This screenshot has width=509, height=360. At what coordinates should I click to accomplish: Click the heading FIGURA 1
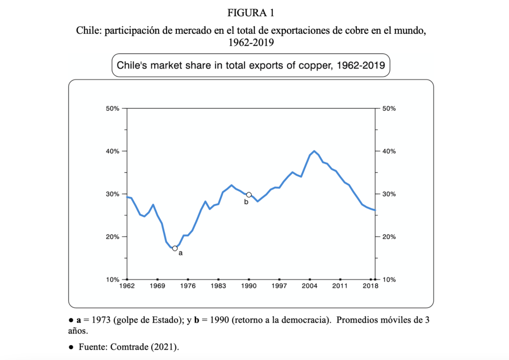pos(254,12)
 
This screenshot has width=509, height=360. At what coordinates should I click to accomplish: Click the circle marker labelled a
pos(175,248)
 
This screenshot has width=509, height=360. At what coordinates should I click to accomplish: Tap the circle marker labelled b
pos(249,195)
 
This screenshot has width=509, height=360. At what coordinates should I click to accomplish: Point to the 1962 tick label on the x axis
pos(127,286)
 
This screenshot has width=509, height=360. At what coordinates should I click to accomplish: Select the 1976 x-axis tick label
pos(188,286)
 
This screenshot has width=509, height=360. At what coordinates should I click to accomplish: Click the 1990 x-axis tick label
pos(249,286)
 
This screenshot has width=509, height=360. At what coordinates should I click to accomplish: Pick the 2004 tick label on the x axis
pos(310,286)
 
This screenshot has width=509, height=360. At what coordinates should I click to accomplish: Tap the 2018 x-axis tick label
pos(370,286)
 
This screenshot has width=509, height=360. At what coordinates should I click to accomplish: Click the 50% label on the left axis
pos(113,108)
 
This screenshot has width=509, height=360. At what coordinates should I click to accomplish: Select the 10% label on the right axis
pos(390,279)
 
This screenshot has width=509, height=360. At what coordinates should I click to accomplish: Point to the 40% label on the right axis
pos(390,151)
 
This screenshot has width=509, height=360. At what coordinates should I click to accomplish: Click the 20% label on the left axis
pos(113,237)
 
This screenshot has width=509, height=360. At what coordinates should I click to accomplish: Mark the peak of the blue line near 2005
pos(315,151)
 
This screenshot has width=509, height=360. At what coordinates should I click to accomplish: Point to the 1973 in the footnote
pos(101,320)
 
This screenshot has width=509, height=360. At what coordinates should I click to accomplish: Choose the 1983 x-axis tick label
pos(218,286)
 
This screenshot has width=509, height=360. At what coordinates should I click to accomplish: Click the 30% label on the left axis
pos(113,194)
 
